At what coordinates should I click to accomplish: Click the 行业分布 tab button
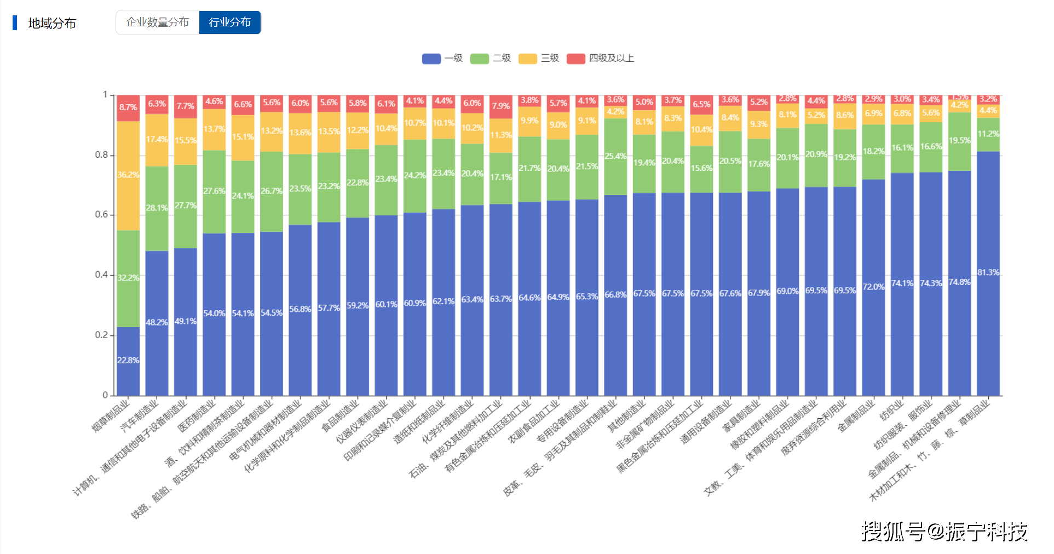229,22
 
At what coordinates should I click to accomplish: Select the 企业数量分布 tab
157,22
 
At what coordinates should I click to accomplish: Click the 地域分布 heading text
52,23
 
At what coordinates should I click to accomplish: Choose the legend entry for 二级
491,58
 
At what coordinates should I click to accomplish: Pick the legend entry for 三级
539,58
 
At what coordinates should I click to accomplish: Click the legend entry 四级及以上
600,58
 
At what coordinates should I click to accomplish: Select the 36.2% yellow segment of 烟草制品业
128,175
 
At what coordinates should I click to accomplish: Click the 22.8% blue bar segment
128,361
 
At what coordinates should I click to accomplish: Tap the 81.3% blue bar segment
988,272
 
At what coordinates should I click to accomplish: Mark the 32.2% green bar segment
128,278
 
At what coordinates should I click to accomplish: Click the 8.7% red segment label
128,107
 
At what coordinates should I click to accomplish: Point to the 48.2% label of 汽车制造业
157,322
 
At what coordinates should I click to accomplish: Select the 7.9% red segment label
500,106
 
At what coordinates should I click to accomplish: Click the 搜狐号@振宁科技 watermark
944,532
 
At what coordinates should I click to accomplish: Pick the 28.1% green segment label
157,208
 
